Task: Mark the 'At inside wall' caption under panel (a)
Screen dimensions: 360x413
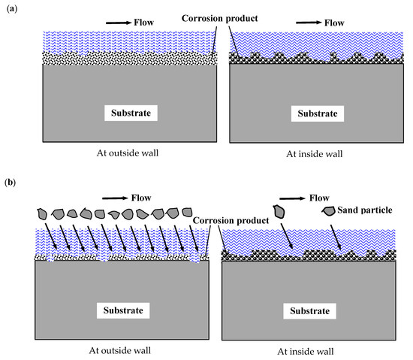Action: click(x=316, y=154)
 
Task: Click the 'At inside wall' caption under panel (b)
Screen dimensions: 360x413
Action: click(x=316, y=349)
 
